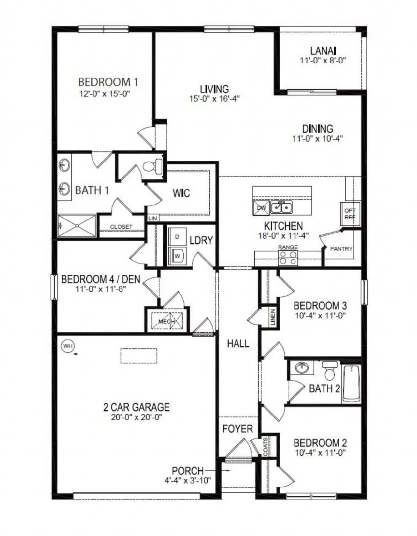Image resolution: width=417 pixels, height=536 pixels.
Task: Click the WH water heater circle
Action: [x=67, y=346]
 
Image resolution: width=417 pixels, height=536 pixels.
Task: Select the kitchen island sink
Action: [x=282, y=207]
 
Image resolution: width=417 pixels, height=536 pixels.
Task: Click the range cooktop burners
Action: [x=288, y=258]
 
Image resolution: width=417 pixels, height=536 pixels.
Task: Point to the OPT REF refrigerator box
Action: [x=350, y=214]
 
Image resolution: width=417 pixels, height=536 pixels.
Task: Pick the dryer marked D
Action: [x=177, y=237]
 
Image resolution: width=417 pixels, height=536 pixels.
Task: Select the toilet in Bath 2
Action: [x=329, y=371]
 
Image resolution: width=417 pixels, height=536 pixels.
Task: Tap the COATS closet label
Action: [x=266, y=446]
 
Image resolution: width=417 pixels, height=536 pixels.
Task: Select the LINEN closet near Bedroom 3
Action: [x=273, y=317]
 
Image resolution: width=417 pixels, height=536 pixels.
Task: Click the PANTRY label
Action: [x=341, y=249]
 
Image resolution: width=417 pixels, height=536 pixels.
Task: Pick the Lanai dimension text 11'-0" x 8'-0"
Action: [x=318, y=60]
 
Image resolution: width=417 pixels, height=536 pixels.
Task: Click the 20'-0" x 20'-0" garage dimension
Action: [x=137, y=417]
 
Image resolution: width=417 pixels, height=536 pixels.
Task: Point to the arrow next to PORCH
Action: [x=227, y=471]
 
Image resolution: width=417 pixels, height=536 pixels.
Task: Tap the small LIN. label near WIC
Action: [x=152, y=219]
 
